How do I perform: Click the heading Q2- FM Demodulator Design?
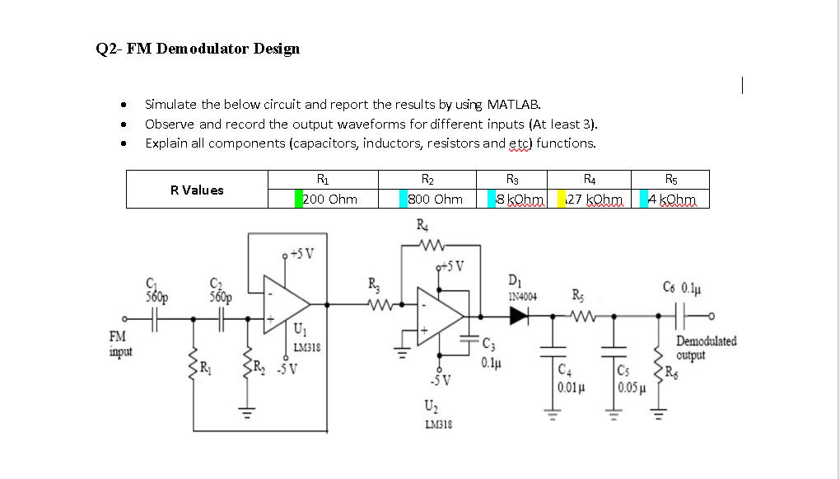click(x=198, y=49)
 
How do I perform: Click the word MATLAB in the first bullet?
click(x=513, y=105)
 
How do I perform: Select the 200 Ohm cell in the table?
click(x=330, y=200)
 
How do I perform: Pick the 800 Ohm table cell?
click(x=436, y=200)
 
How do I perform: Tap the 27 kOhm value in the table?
click(x=593, y=200)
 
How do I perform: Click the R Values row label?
click(x=197, y=190)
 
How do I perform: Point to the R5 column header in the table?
click(x=672, y=179)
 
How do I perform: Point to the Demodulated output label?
click(x=706, y=347)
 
